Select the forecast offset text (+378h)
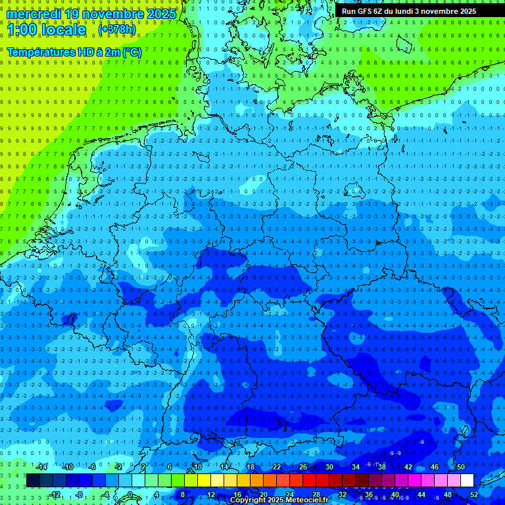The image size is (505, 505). pyautogui.click(x=118, y=30)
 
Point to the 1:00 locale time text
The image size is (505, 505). pyautogui.click(x=46, y=30)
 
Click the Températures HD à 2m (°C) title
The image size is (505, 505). pyautogui.click(x=74, y=52)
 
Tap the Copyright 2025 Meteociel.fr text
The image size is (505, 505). pyautogui.click(x=279, y=500)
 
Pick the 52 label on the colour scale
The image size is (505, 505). pyautogui.click(x=474, y=494)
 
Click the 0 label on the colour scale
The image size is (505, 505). pyautogui.click(x=130, y=494)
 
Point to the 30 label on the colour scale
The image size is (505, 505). pyautogui.click(x=329, y=467)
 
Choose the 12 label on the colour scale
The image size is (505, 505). pyautogui.click(x=210, y=494)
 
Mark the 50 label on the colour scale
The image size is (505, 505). pyautogui.click(x=461, y=467)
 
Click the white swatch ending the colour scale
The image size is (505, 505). pyautogui.click(x=468, y=480)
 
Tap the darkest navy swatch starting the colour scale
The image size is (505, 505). pyautogui.click(x=33, y=480)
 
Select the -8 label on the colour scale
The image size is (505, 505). pyautogui.click(x=80, y=494)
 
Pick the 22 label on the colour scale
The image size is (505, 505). pyautogui.click(x=277, y=467)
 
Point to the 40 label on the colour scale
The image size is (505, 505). pyautogui.click(x=395, y=494)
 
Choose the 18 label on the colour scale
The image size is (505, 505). pyautogui.click(x=251, y=467)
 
